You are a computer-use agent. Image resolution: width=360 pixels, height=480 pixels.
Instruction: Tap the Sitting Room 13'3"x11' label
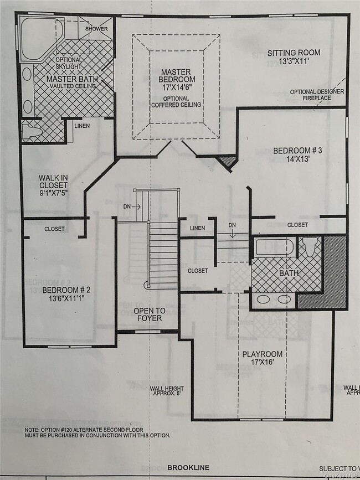[x=294, y=58]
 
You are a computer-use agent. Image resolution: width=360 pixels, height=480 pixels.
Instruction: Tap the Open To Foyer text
[x=148, y=314]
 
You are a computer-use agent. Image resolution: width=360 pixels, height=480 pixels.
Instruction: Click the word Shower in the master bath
[x=96, y=28]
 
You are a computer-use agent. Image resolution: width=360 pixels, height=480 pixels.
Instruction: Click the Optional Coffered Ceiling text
[x=176, y=101]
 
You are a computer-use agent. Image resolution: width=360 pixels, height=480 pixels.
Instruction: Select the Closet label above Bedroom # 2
[x=55, y=228]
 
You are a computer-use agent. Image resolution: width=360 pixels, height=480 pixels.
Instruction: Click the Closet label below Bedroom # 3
[x=297, y=225]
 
